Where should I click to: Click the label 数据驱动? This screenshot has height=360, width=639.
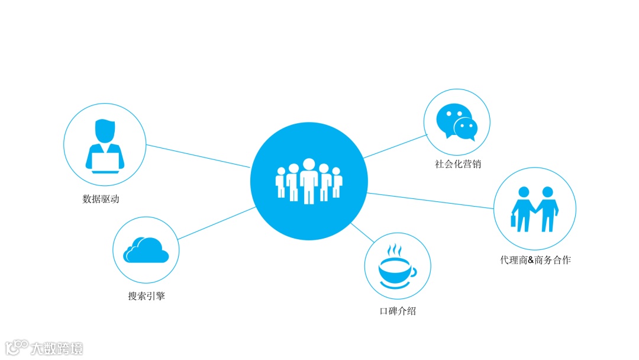coord(101,200)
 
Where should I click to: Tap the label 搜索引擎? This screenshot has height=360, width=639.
coord(147,296)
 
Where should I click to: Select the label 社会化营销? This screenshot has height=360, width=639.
coord(458,164)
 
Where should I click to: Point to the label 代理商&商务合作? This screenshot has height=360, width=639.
coord(535,260)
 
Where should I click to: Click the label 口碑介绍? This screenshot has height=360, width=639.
coord(398,310)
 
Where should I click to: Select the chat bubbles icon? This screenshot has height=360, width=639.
coord(456,122)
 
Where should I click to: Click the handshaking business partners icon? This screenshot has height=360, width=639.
coord(535,209)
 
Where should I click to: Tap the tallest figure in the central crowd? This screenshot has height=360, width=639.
coord(308,181)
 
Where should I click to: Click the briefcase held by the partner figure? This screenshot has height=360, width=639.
coord(514,221)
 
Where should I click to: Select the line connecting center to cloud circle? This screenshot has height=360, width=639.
coord(217,223)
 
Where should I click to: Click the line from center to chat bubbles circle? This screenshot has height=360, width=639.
coord(395,146)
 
